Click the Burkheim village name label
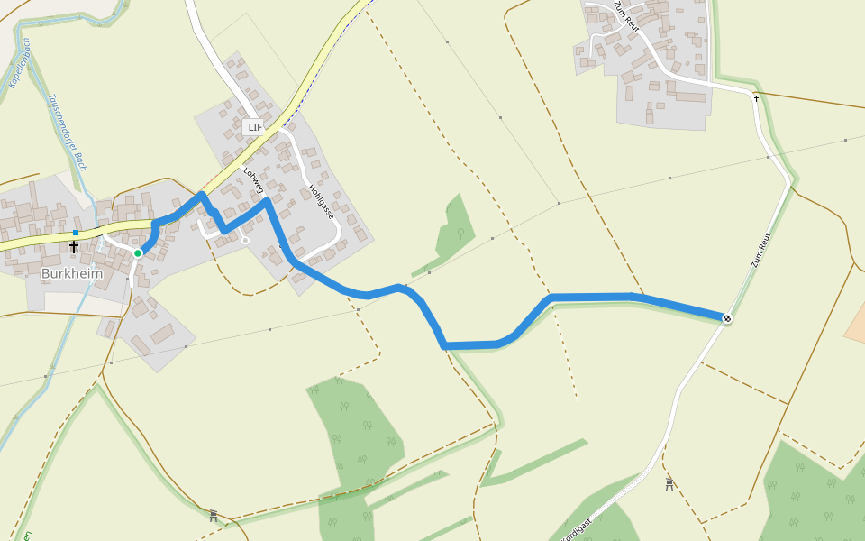click(x=72, y=273)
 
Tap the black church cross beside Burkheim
click(x=74, y=246)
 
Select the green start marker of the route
click(x=138, y=253)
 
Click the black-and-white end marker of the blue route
click(x=727, y=317)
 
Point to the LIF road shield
click(x=255, y=127)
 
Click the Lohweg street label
click(x=253, y=179)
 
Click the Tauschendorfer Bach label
click(x=68, y=132)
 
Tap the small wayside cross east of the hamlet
click(x=756, y=97)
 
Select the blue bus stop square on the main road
click(x=76, y=233)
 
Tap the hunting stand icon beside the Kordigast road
click(x=669, y=484)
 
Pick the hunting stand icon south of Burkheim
click(x=214, y=516)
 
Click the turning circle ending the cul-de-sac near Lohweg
click(x=245, y=241)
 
